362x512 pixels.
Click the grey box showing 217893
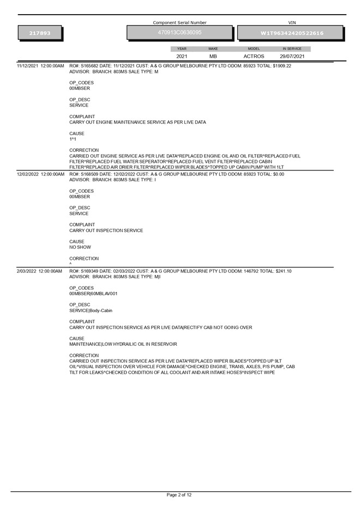pyautogui.click(x=40, y=33)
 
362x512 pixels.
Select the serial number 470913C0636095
pyautogui.click(x=179, y=33)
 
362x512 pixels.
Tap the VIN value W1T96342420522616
pyautogui.click(x=292, y=33)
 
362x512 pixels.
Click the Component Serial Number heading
pyautogui.click(x=179, y=23)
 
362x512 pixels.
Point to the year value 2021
pyautogui.click(x=182, y=56)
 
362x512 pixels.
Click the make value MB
pyautogui.click(x=213, y=56)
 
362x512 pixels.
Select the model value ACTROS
pyautogui.click(x=254, y=56)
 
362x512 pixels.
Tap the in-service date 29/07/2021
pyautogui.click(x=292, y=56)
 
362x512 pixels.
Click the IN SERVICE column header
pyautogui.click(x=292, y=48)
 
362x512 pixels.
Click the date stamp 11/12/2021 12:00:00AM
pyautogui.click(x=40, y=66)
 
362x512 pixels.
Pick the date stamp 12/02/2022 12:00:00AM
pyautogui.click(x=40, y=174)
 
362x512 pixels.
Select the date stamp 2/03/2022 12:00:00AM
pyautogui.click(x=39, y=271)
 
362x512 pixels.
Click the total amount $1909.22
pyautogui.click(x=280, y=66)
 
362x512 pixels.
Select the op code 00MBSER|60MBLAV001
pyautogui.click(x=93, y=294)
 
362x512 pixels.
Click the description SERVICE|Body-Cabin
pyautogui.click(x=91, y=310)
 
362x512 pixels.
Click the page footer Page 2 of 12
pyautogui.click(x=179, y=495)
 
